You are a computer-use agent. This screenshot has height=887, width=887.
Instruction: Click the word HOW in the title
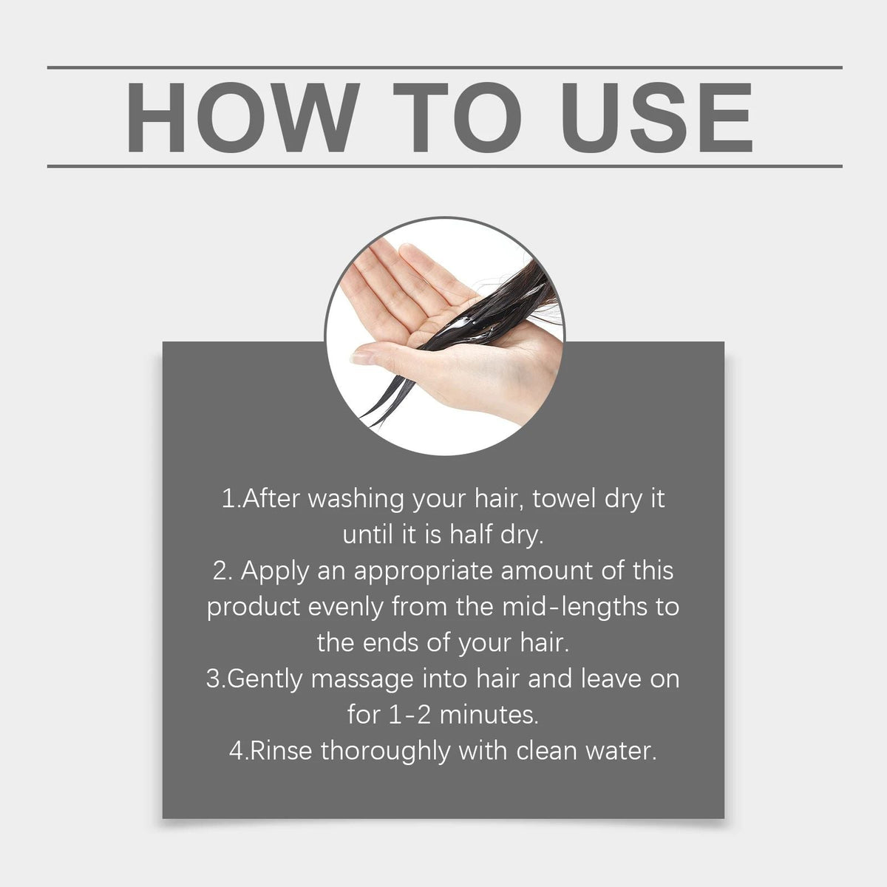(242, 117)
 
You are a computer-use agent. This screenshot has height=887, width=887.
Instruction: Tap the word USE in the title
(657, 117)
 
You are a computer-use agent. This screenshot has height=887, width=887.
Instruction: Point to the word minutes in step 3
(489, 716)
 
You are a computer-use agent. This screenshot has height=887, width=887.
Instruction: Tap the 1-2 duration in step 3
(409, 716)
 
